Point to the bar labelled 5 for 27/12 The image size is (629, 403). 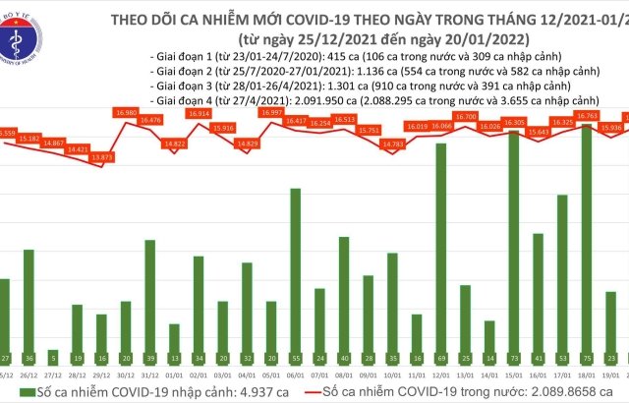coord(52,356)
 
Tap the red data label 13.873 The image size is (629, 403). coord(101,157)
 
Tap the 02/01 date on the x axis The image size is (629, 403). coord(199,375)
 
